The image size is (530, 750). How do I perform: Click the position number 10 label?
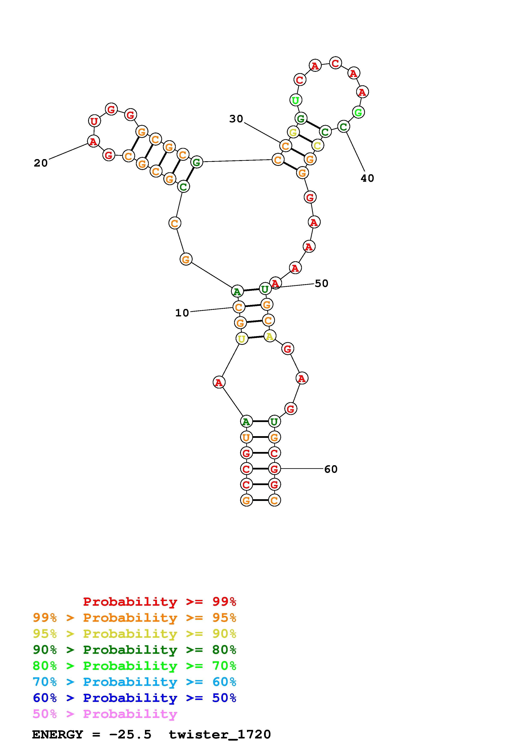(182, 313)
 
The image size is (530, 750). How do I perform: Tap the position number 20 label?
(41, 163)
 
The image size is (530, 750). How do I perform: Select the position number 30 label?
(236, 119)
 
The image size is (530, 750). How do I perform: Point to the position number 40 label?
(367, 178)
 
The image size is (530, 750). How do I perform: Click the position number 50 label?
(322, 283)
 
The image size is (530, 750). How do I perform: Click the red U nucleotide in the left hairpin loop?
(94, 121)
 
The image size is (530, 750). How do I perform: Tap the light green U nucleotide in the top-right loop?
(295, 100)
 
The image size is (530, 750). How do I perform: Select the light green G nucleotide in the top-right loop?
(358, 112)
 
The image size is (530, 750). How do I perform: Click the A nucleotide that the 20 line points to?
(94, 142)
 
